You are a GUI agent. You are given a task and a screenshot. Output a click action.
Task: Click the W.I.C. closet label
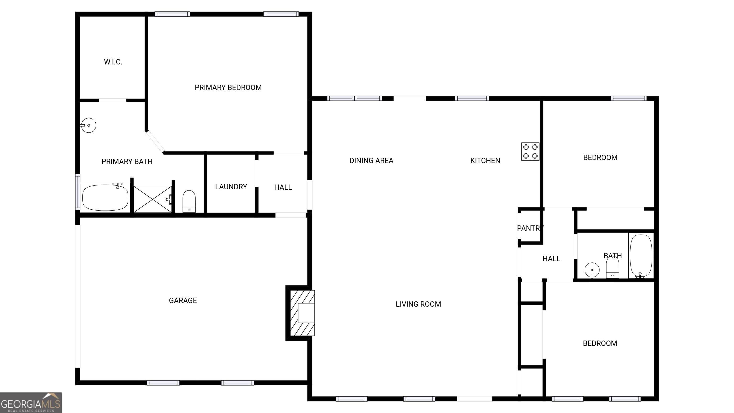113,62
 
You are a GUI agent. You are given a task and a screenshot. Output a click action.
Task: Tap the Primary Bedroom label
228,87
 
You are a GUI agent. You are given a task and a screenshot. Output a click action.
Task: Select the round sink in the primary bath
88,125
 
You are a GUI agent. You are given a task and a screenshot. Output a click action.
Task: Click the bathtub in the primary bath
105,197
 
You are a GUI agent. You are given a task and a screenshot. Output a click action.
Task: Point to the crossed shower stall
153,199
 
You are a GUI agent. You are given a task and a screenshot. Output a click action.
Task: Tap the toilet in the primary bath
189,201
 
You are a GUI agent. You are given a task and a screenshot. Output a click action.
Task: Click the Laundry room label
231,187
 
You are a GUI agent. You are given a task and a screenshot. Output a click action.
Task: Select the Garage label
183,300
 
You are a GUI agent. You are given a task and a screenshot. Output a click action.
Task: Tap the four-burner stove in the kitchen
530,151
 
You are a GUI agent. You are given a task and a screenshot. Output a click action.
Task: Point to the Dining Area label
371,160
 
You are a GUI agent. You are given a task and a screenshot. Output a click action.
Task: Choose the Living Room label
418,304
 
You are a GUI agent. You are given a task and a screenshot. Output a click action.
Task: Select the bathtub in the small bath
641,256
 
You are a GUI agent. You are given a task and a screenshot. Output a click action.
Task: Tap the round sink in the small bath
592,270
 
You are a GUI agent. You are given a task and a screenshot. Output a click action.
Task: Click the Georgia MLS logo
31,403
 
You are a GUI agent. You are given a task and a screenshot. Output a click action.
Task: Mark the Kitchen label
485,160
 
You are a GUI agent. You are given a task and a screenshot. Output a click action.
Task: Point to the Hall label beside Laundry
283,187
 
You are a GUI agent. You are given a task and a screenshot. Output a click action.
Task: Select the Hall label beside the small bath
551,259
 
